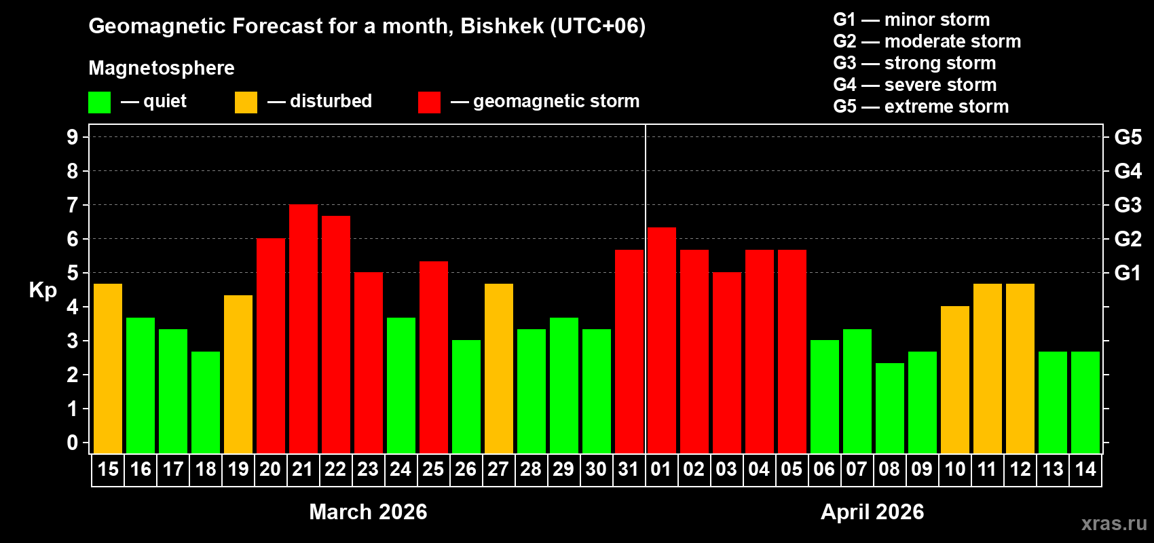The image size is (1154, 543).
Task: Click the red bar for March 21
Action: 303,329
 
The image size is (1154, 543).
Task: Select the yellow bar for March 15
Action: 108,369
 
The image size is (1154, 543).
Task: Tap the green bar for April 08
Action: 890,408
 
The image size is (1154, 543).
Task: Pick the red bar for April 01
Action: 662,340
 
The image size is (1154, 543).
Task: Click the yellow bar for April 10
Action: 955,379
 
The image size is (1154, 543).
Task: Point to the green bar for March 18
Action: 206,402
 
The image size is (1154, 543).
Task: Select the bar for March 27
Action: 499,369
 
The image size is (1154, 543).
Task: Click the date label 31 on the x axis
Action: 629,470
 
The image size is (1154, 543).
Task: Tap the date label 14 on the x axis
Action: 1085,470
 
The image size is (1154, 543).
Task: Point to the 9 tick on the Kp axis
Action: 73,137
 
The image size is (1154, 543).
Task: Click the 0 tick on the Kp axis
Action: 73,443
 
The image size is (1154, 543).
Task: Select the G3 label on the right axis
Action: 1128,205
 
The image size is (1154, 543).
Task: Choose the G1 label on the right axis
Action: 1128,273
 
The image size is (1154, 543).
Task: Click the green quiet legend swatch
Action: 100,102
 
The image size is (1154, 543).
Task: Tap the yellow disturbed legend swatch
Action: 246,102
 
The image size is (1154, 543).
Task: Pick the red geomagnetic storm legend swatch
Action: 429,102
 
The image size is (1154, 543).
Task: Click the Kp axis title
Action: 43,291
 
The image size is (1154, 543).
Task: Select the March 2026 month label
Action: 368,512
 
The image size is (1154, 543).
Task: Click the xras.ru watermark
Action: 1114,523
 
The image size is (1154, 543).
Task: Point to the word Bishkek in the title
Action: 502,26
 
